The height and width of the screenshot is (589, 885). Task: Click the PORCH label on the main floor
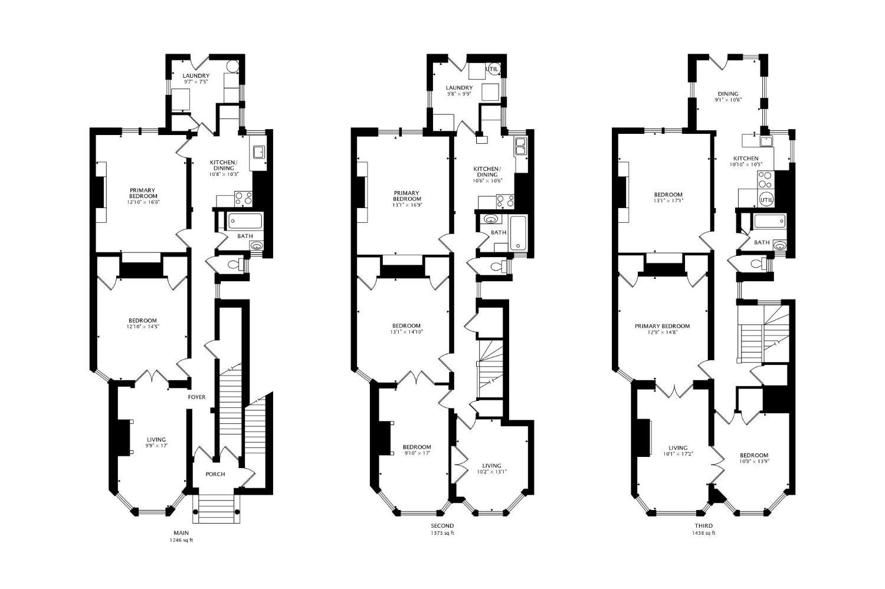pyautogui.click(x=215, y=475)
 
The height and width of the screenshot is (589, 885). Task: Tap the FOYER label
pyautogui.click(x=196, y=397)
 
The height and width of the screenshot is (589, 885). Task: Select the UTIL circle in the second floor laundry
pyautogui.click(x=493, y=70)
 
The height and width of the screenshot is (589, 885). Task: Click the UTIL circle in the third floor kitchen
pyautogui.click(x=766, y=200)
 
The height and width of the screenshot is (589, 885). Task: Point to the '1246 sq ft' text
pyautogui.click(x=181, y=539)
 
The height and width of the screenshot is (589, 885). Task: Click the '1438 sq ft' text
pyautogui.click(x=703, y=533)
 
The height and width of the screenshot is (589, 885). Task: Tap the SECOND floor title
pyautogui.click(x=442, y=526)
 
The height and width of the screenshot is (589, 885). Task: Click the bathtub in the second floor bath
pyautogui.click(x=519, y=232)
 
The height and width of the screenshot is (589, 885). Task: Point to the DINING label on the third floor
pyautogui.click(x=727, y=94)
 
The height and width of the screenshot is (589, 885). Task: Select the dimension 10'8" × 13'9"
pyautogui.click(x=753, y=462)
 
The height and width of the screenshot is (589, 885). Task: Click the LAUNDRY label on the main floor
pyautogui.click(x=196, y=76)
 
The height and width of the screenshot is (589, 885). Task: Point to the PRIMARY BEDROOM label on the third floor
pyautogui.click(x=662, y=326)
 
